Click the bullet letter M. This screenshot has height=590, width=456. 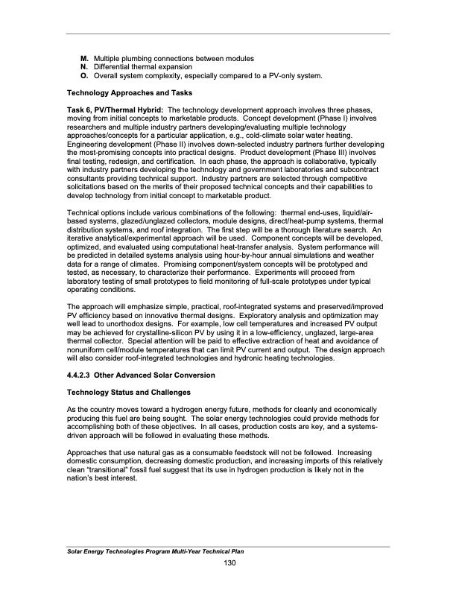tap(84, 58)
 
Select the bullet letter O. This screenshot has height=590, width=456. tap(84, 75)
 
